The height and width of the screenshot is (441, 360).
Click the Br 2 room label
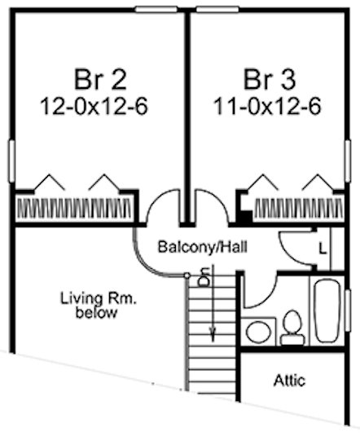[100, 80]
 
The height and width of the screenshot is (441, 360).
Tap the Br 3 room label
[270, 80]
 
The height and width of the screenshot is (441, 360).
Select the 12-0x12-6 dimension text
[94, 107]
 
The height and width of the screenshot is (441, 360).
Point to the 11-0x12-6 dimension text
[267, 107]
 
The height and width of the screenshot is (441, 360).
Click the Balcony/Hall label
[203, 247]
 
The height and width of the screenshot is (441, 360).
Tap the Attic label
[289, 381]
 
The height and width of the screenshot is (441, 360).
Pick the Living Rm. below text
[98, 306]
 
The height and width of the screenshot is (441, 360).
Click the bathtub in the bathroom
[327, 311]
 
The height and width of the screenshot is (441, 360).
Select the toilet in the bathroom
[292, 328]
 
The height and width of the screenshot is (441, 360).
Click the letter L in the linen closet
[323, 249]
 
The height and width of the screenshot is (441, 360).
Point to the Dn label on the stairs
[204, 277]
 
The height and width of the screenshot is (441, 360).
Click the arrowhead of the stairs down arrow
[213, 335]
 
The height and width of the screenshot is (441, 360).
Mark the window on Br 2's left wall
[11, 161]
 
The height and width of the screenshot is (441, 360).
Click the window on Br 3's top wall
[217, 10]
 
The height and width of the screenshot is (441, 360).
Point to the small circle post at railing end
[187, 276]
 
